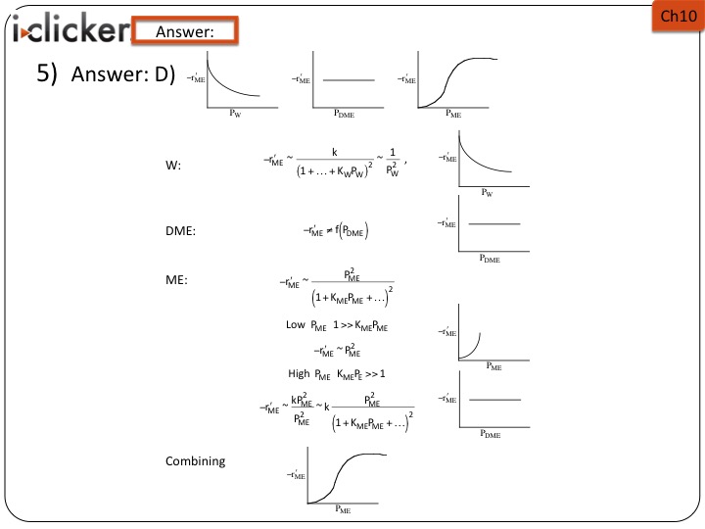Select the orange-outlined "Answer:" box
click(184, 31)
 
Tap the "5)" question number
click(50, 78)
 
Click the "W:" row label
click(173, 166)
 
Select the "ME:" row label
click(176, 280)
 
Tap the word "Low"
click(295, 324)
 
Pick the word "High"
click(298, 373)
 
